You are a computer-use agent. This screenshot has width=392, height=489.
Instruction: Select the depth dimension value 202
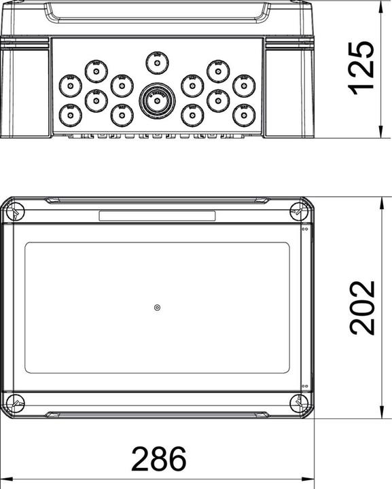coord(362,307)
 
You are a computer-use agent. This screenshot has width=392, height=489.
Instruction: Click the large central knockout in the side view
coord(157,99)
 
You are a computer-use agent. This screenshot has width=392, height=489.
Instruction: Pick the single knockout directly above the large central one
coord(157,64)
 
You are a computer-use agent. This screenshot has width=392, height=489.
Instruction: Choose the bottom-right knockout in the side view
coord(243,114)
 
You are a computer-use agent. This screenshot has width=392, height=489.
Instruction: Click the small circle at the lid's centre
coord(157,308)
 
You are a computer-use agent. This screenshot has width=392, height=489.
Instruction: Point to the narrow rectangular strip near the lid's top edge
coord(157,216)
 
